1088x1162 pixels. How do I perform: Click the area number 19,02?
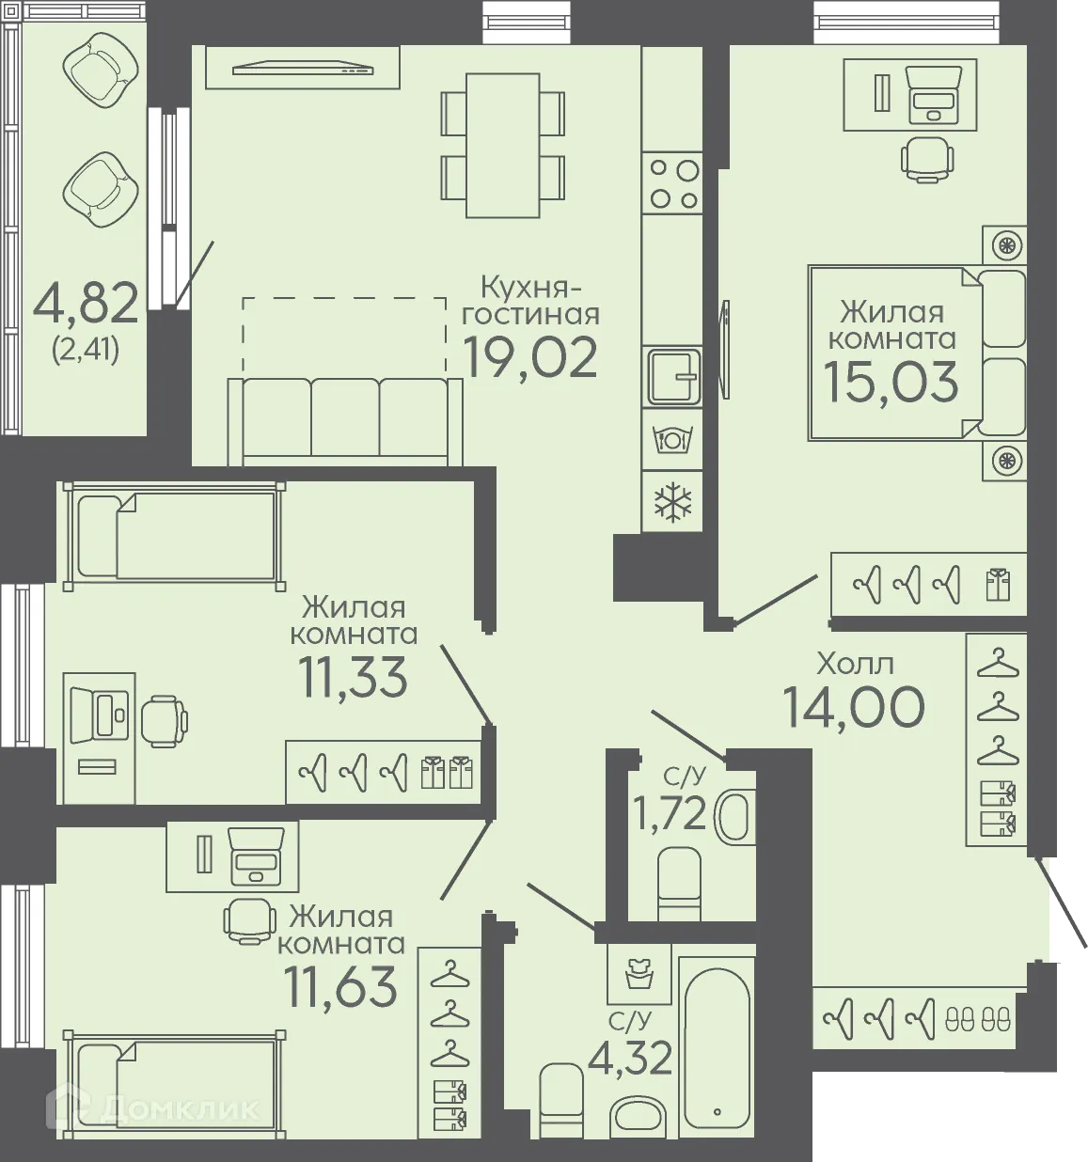pos(530,357)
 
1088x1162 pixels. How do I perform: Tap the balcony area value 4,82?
pos(86,303)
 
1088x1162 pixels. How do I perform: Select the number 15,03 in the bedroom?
pos(891,382)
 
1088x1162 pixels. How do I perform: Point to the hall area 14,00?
pos(853,707)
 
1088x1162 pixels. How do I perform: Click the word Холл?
pos(856,664)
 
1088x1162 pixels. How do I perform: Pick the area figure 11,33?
pos(353,676)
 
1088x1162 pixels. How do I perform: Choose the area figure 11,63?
pos(340,986)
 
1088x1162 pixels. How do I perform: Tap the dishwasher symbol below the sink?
pos(672,438)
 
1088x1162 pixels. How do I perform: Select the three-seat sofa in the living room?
pos(345,421)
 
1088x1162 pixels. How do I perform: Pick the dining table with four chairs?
pos(503,146)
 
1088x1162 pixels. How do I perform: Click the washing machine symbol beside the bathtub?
pos(639,973)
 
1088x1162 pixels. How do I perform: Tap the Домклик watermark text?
pos(153,1109)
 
